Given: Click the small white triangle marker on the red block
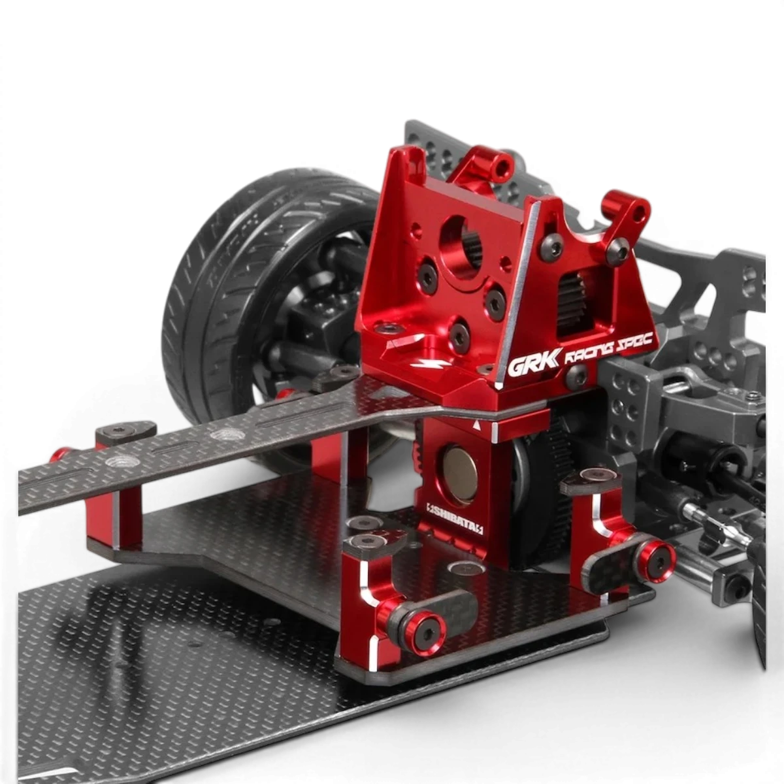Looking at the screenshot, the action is [x=476, y=426].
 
